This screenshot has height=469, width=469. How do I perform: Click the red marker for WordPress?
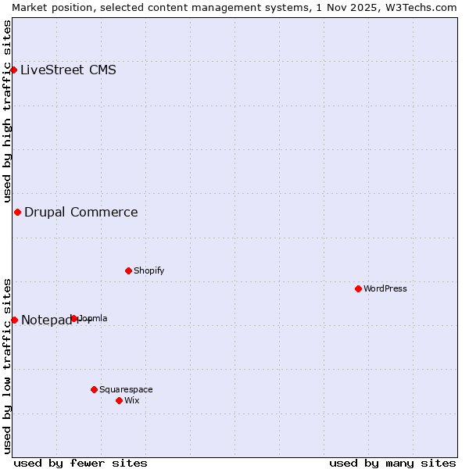point(358,288)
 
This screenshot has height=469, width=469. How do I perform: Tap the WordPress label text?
point(385,288)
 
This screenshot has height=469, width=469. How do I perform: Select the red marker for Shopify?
point(128,270)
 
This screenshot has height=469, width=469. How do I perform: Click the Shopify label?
point(149,270)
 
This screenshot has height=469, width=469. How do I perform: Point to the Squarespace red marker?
point(94,389)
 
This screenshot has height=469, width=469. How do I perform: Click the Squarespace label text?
point(126,389)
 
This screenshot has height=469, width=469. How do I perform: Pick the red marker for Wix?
point(119,400)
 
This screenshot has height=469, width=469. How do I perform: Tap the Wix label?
point(131,400)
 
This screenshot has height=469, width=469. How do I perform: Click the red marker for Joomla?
point(74,318)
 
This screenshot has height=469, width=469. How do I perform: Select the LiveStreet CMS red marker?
point(13,70)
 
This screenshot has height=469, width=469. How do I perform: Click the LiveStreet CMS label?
point(68,70)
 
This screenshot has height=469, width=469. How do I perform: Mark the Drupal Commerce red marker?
point(17,212)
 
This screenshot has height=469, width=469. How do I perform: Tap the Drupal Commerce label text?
point(81,212)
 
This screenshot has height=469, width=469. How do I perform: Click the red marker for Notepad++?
point(14,320)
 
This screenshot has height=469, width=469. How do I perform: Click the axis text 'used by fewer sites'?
point(81,463)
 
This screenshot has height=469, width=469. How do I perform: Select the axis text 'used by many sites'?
point(392,463)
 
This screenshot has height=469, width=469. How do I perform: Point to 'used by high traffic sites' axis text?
point(7,112)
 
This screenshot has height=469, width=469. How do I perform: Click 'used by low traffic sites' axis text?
point(7,366)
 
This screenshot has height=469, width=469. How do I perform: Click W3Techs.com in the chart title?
point(417,7)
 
